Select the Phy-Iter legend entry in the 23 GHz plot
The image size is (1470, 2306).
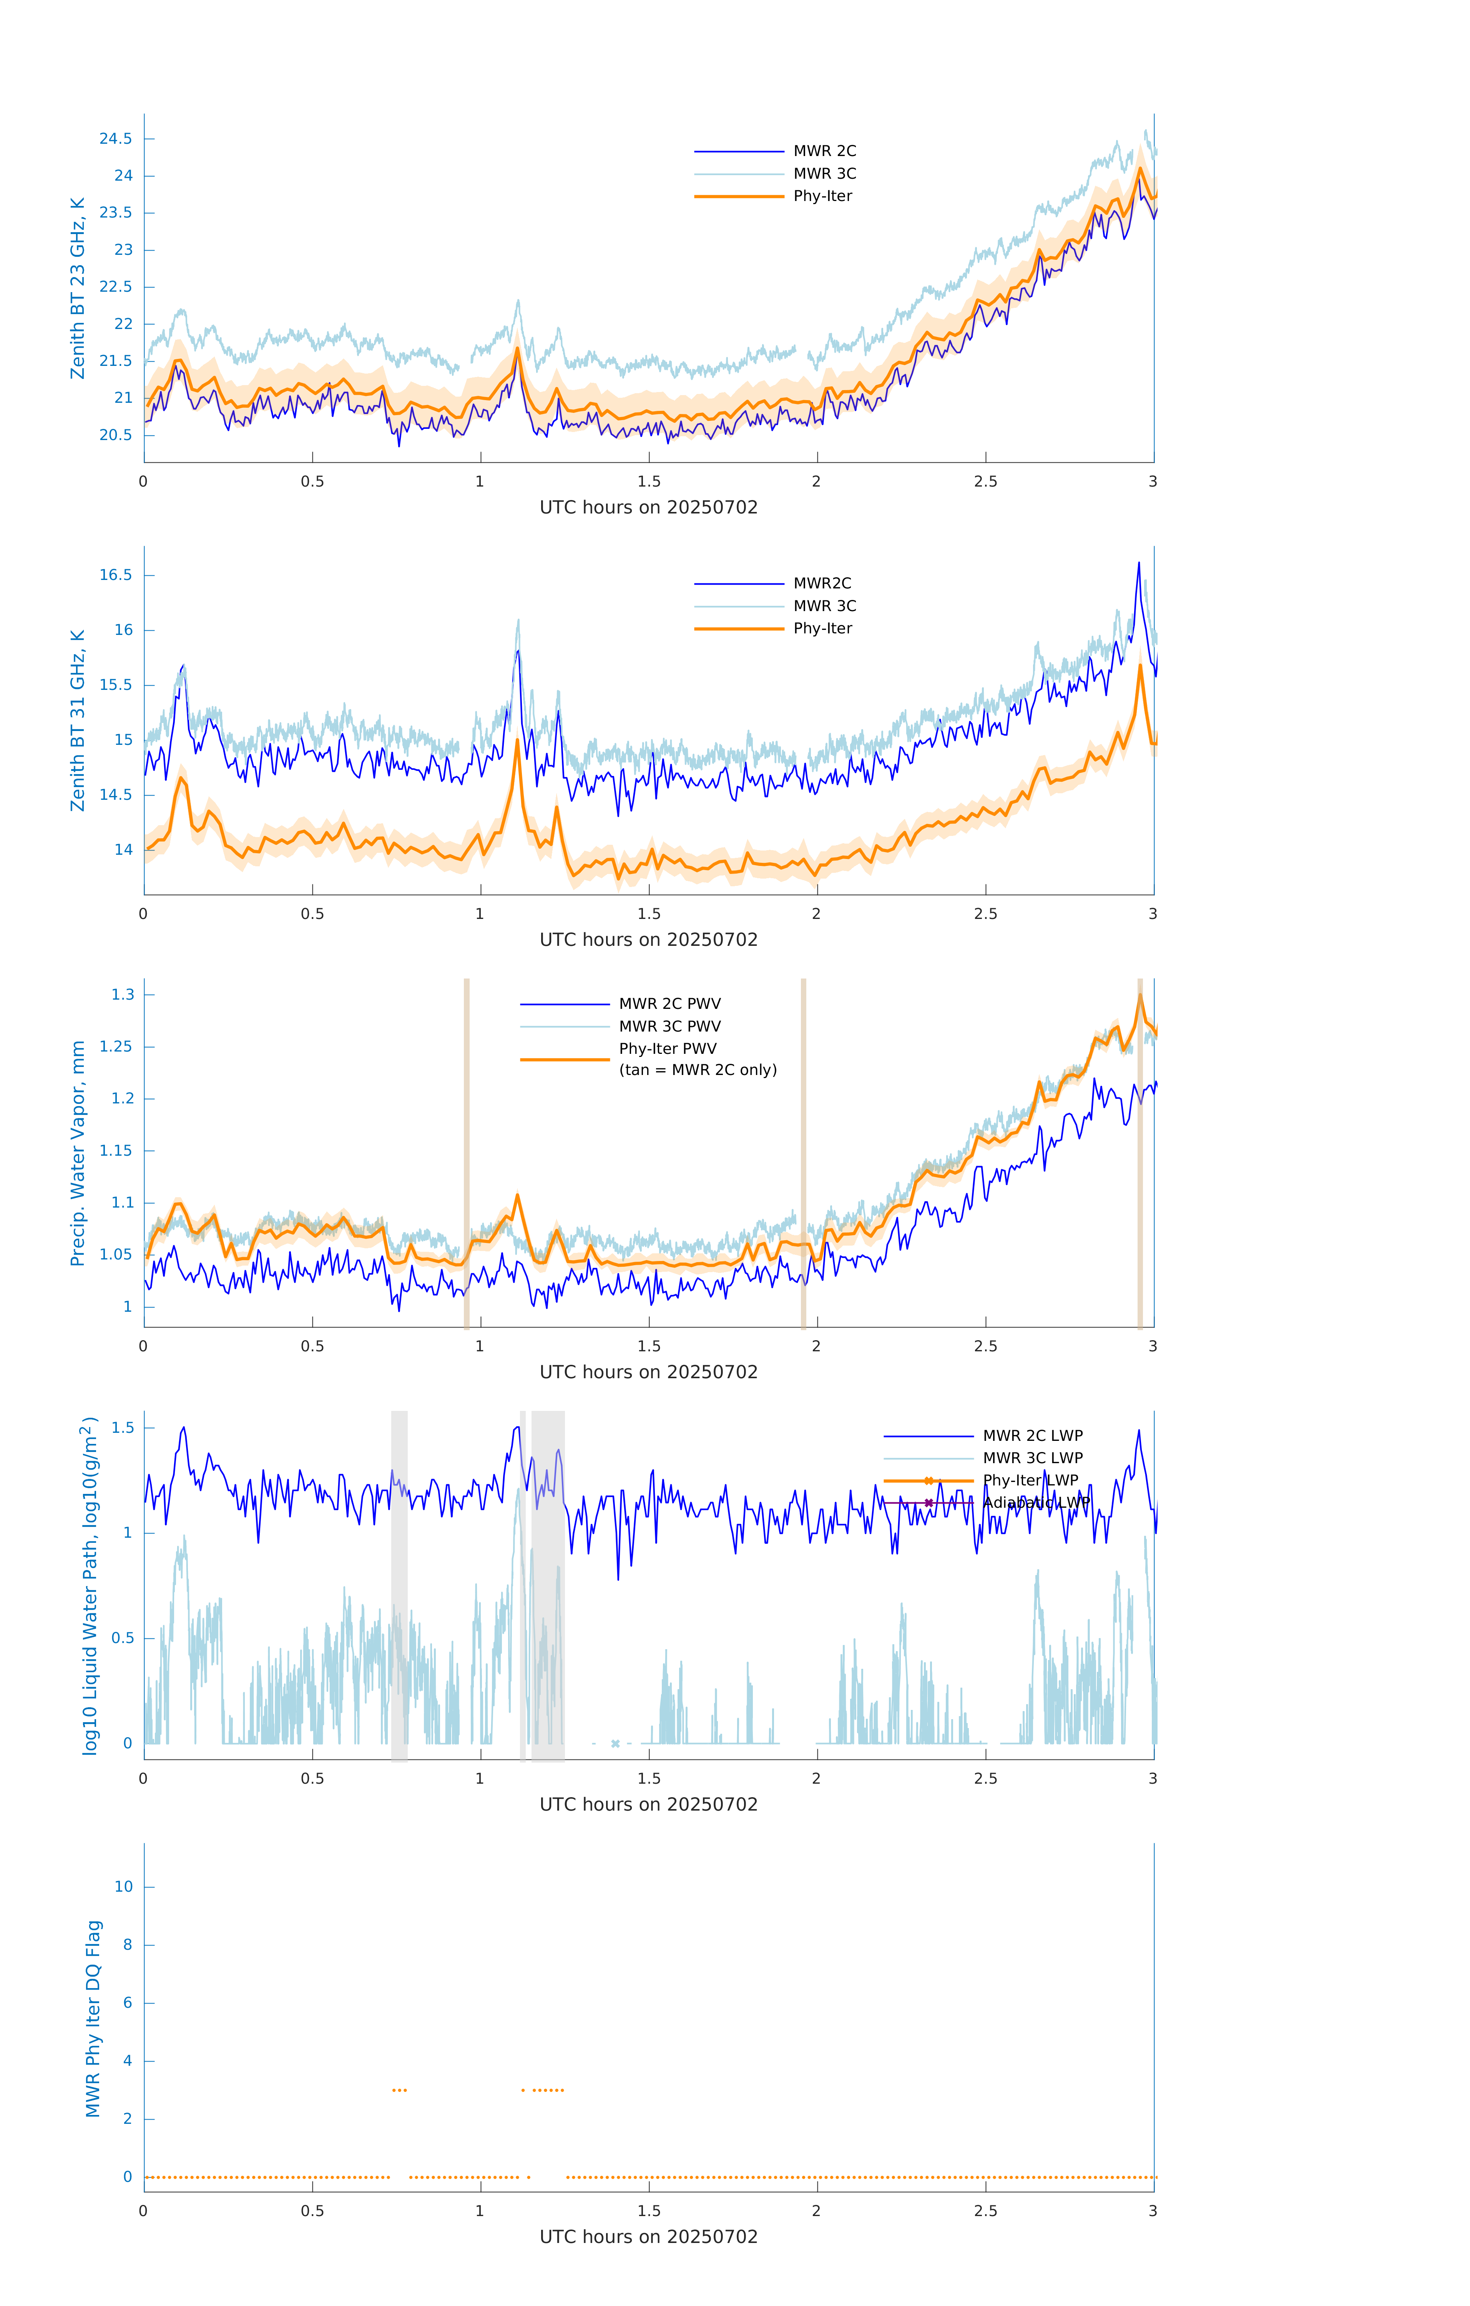(822, 196)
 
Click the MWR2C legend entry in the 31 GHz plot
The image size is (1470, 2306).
(822, 583)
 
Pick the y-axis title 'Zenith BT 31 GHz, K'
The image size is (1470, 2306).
(78, 720)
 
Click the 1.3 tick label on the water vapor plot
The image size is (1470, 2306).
(123, 995)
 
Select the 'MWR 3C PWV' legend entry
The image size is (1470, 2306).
(669, 1027)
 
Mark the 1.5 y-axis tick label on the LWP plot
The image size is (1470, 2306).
(123, 1428)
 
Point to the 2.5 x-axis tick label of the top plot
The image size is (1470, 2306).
(985, 482)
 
